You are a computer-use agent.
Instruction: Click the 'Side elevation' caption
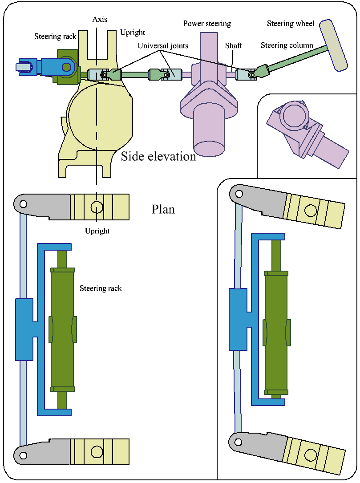pos(158,157)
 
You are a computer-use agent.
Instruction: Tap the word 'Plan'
pos(163,209)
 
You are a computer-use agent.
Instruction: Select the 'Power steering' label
pos(207,24)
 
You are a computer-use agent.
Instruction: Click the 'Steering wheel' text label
pos(291,24)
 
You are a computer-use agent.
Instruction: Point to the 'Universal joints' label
pos(162,46)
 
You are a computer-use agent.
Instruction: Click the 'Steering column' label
pos(287,45)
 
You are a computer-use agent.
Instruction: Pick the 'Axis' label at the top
pos(100,20)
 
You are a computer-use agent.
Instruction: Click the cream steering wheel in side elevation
pos(334,45)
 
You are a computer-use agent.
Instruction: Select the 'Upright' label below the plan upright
pos(97,231)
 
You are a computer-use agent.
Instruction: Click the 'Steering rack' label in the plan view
pos(101,288)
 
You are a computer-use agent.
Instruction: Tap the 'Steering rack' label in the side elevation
pos(55,37)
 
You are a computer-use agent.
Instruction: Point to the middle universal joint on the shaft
pos(165,75)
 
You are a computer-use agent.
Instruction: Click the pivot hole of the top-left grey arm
pos(23,205)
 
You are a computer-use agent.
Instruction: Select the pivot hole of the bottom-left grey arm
pos(23,455)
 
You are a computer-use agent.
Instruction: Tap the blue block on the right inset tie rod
pos(238,319)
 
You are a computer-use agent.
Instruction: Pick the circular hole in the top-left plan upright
pos(96,207)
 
